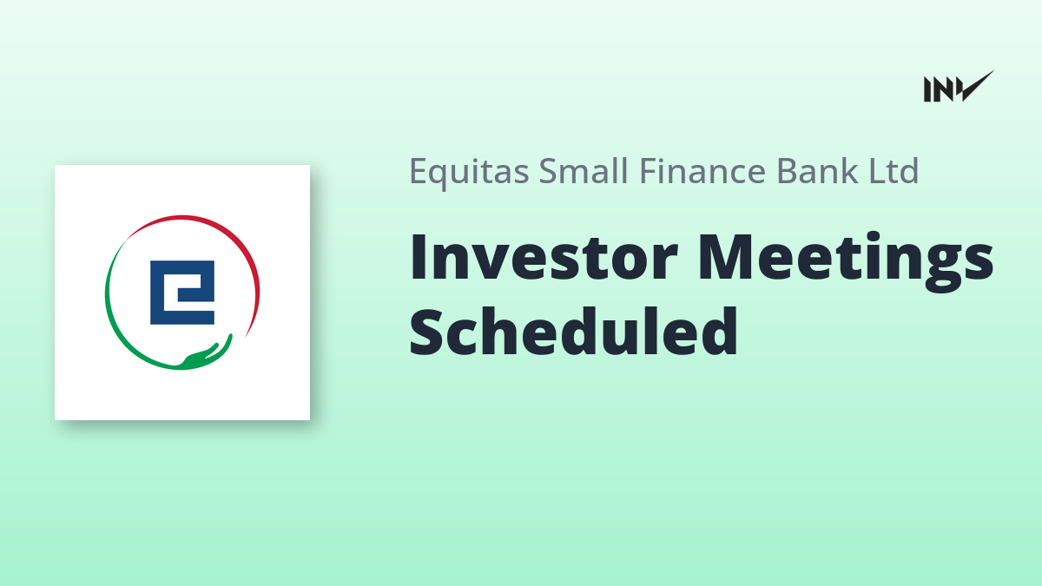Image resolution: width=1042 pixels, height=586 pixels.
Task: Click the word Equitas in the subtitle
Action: [x=469, y=172]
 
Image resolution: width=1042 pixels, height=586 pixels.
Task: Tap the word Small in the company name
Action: [x=584, y=170]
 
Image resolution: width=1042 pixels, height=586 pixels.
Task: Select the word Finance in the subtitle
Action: [x=702, y=170]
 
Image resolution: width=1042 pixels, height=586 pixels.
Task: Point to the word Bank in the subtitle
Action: [x=817, y=170]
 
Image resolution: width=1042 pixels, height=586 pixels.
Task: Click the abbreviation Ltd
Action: [x=894, y=170]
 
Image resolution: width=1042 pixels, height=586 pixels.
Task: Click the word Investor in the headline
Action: [x=544, y=257]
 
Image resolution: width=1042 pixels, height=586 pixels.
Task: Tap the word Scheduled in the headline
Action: [x=574, y=331]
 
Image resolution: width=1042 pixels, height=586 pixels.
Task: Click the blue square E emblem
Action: [x=182, y=293]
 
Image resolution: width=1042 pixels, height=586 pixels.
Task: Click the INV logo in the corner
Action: [x=959, y=87]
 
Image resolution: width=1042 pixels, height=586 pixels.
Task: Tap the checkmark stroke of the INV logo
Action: [x=976, y=87]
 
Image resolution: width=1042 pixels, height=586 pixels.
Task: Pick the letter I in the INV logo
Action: [x=927, y=89]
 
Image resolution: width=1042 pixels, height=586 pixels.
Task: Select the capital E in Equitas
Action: [x=419, y=171]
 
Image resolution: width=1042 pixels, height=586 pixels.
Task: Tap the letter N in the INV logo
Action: [x=944, y=89]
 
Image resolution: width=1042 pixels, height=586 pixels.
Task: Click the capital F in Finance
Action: [x=649, y=171]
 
